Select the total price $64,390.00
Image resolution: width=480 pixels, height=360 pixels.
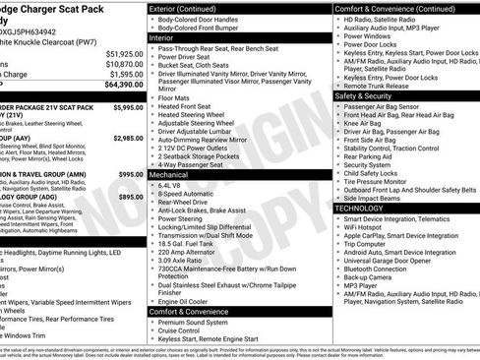tap(122, 85)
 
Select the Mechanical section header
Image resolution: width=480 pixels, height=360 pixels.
tap(170, 172)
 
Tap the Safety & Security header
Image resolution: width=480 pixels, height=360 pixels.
tap(367, 96)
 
